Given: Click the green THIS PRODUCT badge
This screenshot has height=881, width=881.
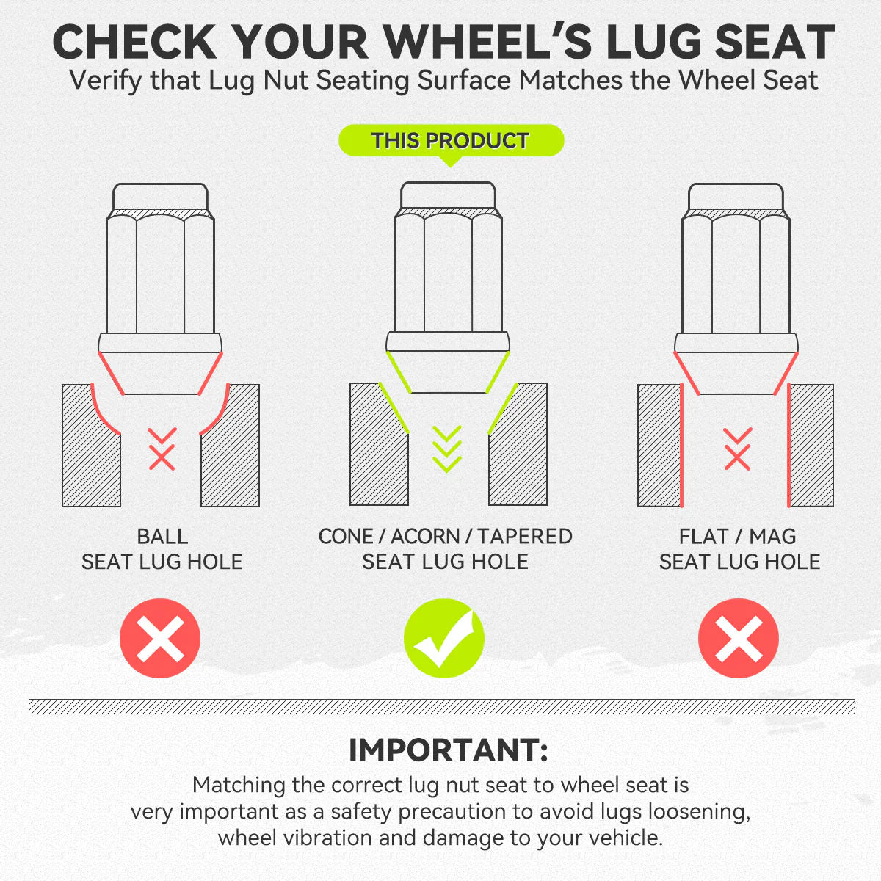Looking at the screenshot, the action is pyautogui.click(x=451, y=141).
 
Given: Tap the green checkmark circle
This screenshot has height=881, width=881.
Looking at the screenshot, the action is pyautogui.click(x=444, y=638).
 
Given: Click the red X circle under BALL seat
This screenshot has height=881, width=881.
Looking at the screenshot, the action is pyautogui.click(x=160, y=638).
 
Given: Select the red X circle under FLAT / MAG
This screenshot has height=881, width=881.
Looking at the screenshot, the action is pyautogui.click(x=739, y=638).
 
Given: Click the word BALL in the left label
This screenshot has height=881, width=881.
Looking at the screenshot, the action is pyautogui.click(x=162, y=536).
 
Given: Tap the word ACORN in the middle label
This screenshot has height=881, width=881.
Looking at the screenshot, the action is pyautogui.click(x=425, y=536).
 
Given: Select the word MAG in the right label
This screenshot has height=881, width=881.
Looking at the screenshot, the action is pyautogui.click(x=772, y=536).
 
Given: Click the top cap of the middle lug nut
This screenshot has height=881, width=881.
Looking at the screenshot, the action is pyautogui.click(x=448, y=195).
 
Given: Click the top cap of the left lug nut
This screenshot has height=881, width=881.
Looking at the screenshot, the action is pyautogui.click(x=161, y=197).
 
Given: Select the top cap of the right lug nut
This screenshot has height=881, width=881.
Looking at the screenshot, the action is pyautogui.click(x=736, y=197).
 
